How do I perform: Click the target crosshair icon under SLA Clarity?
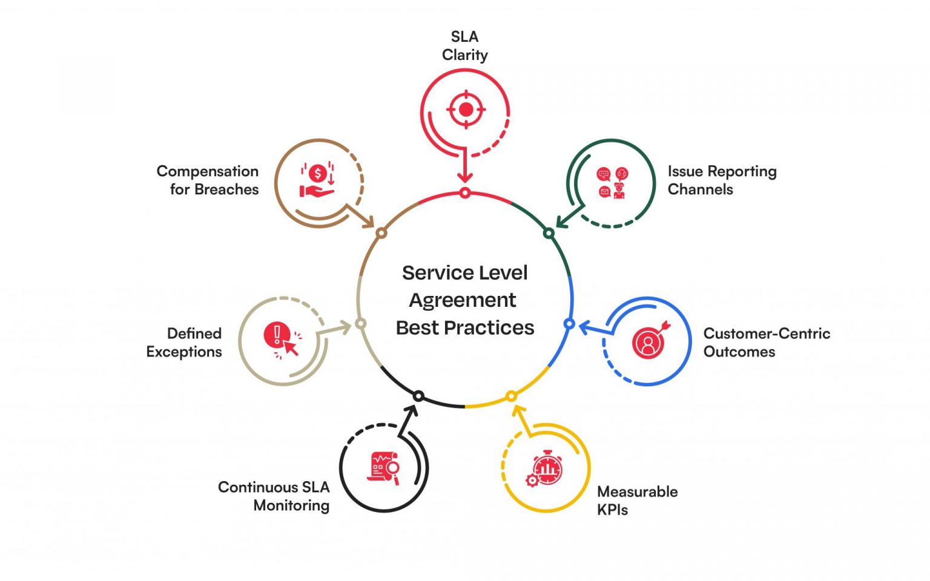[x=466, y=110]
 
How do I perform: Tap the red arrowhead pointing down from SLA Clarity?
[x=464, y=177]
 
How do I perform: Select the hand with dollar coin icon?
[x=317, y=180]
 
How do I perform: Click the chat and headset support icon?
[x=612, y=183]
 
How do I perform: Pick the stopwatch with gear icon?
[x=545, y=469]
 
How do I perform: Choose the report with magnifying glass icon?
[x=384, y=468]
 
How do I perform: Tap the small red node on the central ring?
[x=464, y=193]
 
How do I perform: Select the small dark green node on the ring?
[x=549, y=233]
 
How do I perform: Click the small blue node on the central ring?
[x=569, y=324]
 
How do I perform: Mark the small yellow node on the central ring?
[x=511, y=396]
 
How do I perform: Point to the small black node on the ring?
[x=418, y=396]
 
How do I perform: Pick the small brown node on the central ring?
[x=381, y=233]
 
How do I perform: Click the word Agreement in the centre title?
[x=463, y=300]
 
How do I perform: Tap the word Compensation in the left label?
[x=208, y=171]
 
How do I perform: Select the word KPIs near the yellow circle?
[x=612, y=510]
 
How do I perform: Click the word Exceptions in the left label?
[x=184, y=352]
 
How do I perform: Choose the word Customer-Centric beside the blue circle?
[x=767, y=333]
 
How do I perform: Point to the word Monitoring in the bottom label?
[x=291, y=505]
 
